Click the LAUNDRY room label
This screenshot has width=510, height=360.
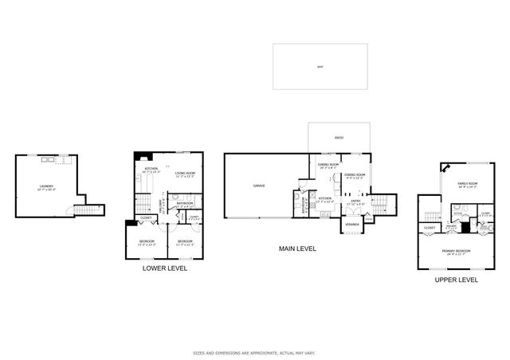[x=46, y=188]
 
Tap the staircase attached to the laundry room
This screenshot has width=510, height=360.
[x=84, y=211]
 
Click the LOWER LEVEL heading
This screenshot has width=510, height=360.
[x=165, y=268]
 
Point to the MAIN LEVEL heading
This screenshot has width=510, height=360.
[x=297, y=248]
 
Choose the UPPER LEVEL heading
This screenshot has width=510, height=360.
[x=456, y=280]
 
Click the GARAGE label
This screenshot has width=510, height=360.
[x=259, y=186]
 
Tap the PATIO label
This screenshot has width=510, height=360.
[x=338, y=139]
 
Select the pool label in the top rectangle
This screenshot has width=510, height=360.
[x=320, y=66]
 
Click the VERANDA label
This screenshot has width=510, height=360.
[x=351, y=225]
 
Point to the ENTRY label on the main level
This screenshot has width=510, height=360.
[x=355, y=200]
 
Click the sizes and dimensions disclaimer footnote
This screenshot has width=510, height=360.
[x=254, y=351]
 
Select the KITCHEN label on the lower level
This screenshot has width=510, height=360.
[x=151, y=169]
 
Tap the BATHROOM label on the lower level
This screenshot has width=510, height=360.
[x=185, y=204]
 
